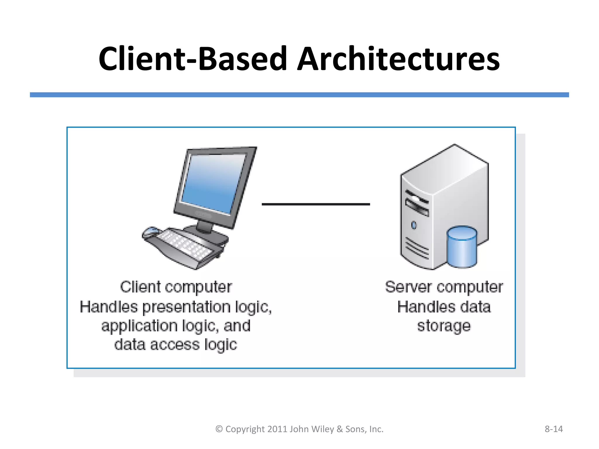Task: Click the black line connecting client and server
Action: pos(316,204)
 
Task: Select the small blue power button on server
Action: pos(414,225)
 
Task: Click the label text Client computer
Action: pos(176,287)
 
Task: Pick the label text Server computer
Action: pos(444,287)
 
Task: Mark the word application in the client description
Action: pos(140,326)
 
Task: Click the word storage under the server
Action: pos(444,326)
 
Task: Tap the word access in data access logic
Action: pos(175,345)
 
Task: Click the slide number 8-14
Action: pos(553,429)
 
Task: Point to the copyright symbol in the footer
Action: pos(219,429)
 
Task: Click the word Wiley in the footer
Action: pos(323,429)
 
